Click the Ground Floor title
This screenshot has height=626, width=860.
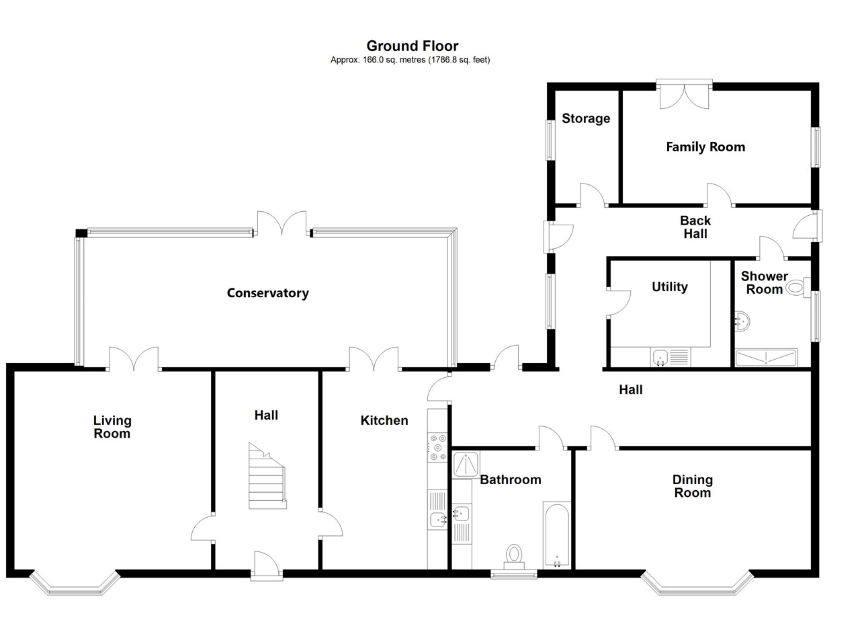pos(412,46)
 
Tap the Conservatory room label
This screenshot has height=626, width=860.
pos(267,293)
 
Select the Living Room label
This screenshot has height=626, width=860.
pos(112,427)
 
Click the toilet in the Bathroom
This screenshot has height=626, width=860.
pos(514,555)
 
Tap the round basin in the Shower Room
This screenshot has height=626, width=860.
pos(742,321)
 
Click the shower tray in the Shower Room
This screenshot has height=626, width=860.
pos(766,358)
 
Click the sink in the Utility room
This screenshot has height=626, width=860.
pos(660,357)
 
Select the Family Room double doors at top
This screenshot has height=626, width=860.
pos(684,94)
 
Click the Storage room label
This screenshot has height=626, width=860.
pos(586,118)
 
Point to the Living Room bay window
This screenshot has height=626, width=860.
pos(74,584)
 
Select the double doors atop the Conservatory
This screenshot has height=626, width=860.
pos(283,224)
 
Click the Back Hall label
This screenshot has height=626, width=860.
pos(695,227)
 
